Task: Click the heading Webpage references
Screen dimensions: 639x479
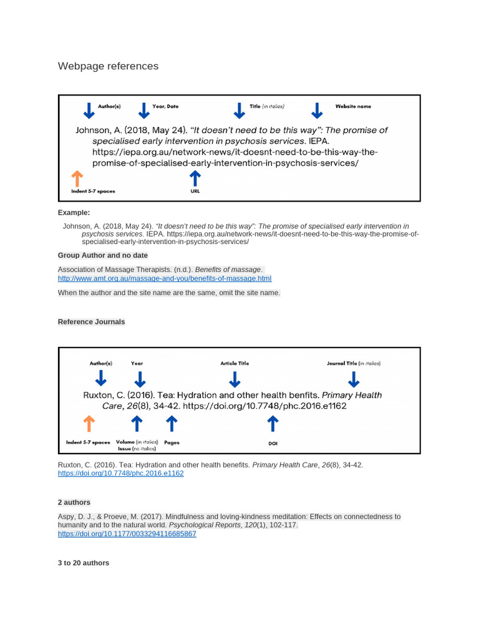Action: point(108,66)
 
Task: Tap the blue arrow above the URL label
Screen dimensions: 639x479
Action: point(195,178)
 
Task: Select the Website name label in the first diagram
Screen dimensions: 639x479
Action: point(353,107)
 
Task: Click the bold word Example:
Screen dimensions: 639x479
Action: point(74,213)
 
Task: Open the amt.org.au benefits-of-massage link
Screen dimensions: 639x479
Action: point(165,278)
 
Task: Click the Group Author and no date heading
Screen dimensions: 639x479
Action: point(103,255)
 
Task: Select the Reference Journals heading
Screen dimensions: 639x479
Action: point(91,322)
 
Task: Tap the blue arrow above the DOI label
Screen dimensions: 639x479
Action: point(272,424)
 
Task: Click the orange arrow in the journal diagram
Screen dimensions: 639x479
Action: point(89,424)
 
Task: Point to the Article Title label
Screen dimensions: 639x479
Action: point(235,363)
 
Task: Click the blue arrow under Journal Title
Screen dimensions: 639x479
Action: point(354,379)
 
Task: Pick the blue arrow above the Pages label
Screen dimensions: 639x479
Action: point(172,424)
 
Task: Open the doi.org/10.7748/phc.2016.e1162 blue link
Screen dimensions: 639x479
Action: point(120,474)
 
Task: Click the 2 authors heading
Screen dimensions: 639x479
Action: point(74,502)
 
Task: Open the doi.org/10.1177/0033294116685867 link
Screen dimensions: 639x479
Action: point(127,534)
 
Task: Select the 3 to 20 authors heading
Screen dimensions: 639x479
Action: point(83,563)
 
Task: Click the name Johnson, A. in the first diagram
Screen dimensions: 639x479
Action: point(98,130)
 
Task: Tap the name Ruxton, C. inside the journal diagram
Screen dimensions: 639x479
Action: point(104,395)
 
